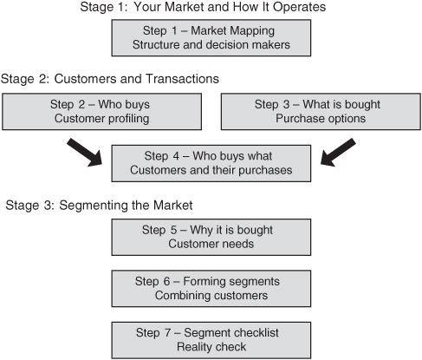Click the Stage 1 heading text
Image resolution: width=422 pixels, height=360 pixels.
click(x=203, y=7)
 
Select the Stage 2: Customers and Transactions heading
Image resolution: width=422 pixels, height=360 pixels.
click(x=110, y=79)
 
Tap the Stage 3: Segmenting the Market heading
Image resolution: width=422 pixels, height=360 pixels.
click(x=99, y=206)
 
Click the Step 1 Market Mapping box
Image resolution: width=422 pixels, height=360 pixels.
click(x=211, y=38)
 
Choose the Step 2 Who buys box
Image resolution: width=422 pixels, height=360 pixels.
click(x=101, y=112)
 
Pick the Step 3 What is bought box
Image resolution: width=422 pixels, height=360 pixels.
click(x=321, y=112)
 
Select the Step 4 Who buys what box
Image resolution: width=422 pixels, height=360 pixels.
click(x=211, y=163)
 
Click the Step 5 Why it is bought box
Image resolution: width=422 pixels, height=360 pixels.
click(x=211, y=237)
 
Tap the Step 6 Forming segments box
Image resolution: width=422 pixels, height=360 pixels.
click(x=211, y=289)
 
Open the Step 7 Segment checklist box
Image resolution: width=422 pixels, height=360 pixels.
click(x=211, y=340)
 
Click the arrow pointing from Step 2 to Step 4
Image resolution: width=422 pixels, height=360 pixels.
click(x=85, y=153)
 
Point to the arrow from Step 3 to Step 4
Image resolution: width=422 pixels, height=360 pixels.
click(x=338, y=153)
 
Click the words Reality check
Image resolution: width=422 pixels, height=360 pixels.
click(x=211, y=347)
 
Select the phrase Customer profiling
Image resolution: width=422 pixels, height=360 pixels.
click(x=101, y=119)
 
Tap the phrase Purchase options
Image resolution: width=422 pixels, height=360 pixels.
click(x=321, y=119)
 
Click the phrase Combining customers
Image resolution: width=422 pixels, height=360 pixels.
click(x=211, y=296)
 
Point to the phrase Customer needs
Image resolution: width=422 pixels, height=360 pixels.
click(x=211, y=244)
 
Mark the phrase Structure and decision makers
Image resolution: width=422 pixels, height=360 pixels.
click(x=211, y=45)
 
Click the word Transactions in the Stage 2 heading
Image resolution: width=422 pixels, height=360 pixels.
click(x=182, y=79)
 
